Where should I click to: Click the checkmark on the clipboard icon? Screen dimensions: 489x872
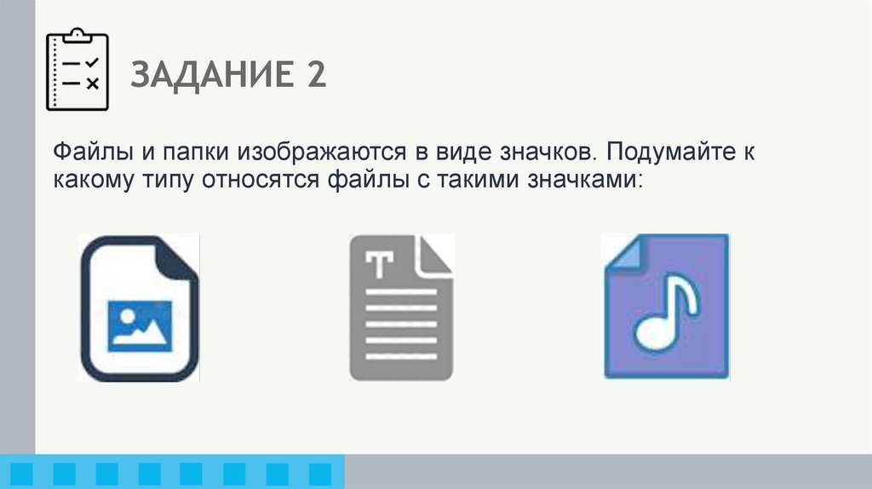coord(94,63)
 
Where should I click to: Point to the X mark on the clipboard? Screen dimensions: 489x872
coord(94,83)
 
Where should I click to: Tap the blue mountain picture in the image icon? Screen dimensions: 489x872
coord(139,326)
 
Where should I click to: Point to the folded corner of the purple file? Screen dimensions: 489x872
coord(620,252)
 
